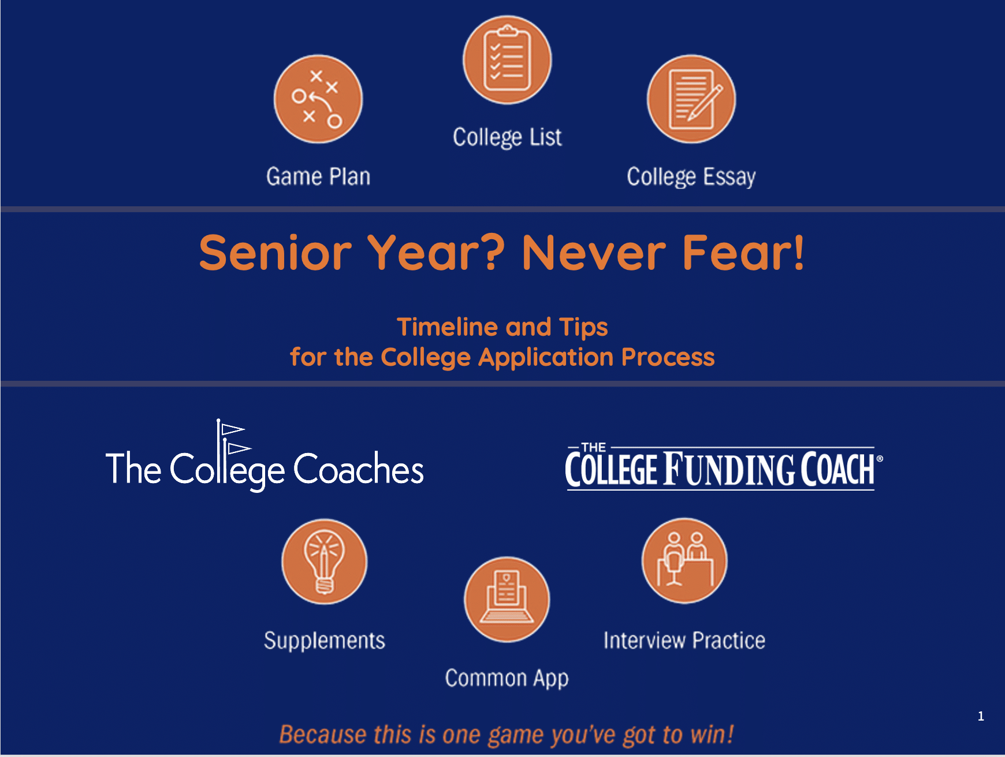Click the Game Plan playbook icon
[318, 99]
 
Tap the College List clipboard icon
[507, 60]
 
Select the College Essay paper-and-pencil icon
[691, 99]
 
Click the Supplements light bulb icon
[324, 562]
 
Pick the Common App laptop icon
[507, 600]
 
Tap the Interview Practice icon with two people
[684, 561]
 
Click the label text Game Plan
[318, 176]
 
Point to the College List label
[507, 138]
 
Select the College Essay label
[691, 177]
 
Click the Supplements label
[325, 641]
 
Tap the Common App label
[507, 678]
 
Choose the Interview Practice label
[684, 640]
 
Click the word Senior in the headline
[276, 253]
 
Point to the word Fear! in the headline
[743, 252]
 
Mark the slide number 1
[981, 717]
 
